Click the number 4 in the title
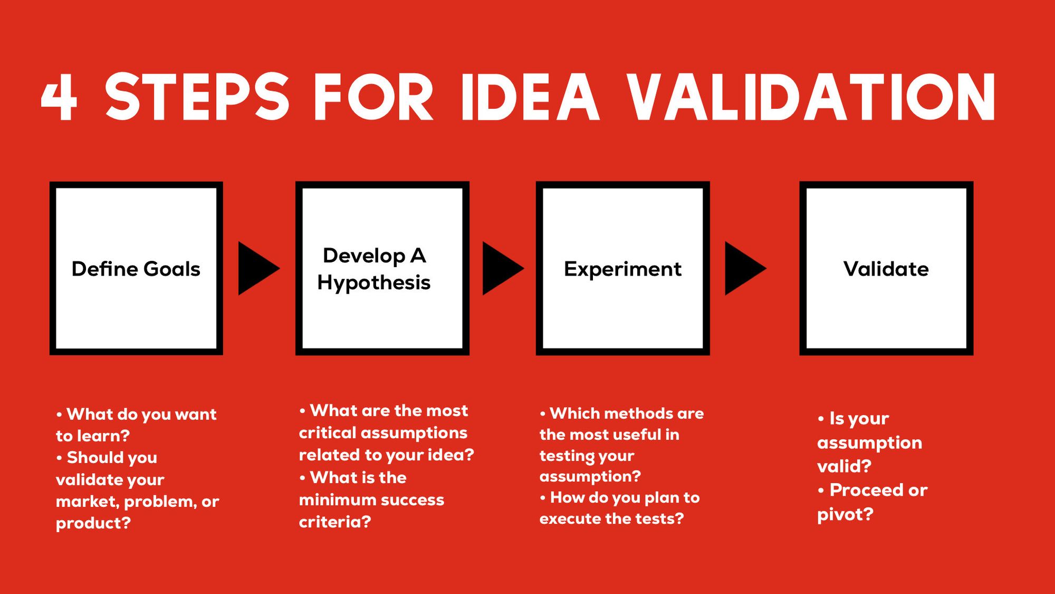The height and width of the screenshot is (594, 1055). click(x=60, y=97)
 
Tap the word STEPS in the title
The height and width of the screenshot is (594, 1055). click(x=197, y=97)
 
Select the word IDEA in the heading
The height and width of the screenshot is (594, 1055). click(x=530, y=97)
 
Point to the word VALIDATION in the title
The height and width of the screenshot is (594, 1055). click(x=811, y=97)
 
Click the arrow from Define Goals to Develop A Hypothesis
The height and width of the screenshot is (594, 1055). click(x=258, y=268)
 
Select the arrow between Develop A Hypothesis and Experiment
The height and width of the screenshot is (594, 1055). click(x=503, y=268)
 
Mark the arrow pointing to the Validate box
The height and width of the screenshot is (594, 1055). click(x=745, y=268)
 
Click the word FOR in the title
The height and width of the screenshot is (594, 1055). click(x=373, y=97)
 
